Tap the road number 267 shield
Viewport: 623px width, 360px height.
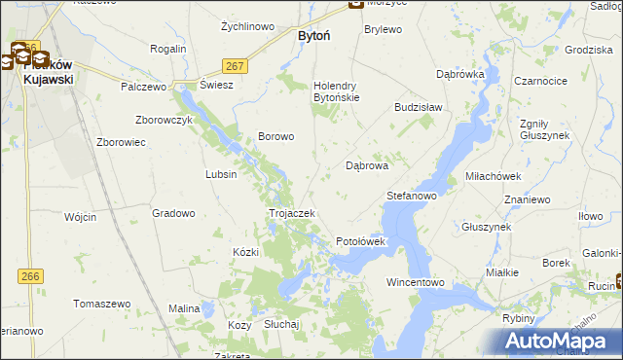(x=235, y=65)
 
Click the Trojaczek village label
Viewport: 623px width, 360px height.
(x=291, y=213)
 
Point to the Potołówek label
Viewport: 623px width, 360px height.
(x=361, y=240)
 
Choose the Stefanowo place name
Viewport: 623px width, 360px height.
(x=411, y=196)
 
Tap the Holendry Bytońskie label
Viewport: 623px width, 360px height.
(x=336, y=91)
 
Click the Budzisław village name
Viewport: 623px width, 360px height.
(x=419, y=107)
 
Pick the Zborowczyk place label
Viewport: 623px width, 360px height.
(x=165, y=120)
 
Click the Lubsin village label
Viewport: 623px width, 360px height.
(x=221, y=174)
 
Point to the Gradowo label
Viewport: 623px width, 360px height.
(x=174, y=213)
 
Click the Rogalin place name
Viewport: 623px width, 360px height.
(x=168, y=49)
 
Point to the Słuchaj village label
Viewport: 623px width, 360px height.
(x=281, y=324)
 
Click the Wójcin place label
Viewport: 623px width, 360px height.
(x=83, y=217)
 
